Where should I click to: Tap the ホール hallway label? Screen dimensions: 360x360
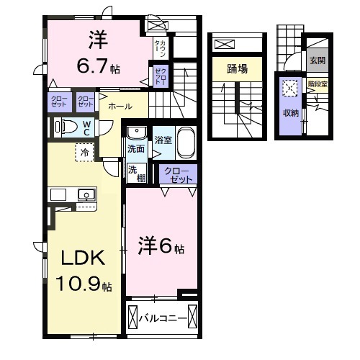tap(120, 107)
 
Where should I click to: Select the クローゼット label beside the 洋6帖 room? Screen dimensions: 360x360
tap(179, 175)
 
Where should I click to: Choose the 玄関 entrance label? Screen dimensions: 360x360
tap(317, 60)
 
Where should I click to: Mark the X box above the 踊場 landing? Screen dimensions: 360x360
tap(224, 45)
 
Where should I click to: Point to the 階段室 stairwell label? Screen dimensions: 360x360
tap(316, 84)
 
